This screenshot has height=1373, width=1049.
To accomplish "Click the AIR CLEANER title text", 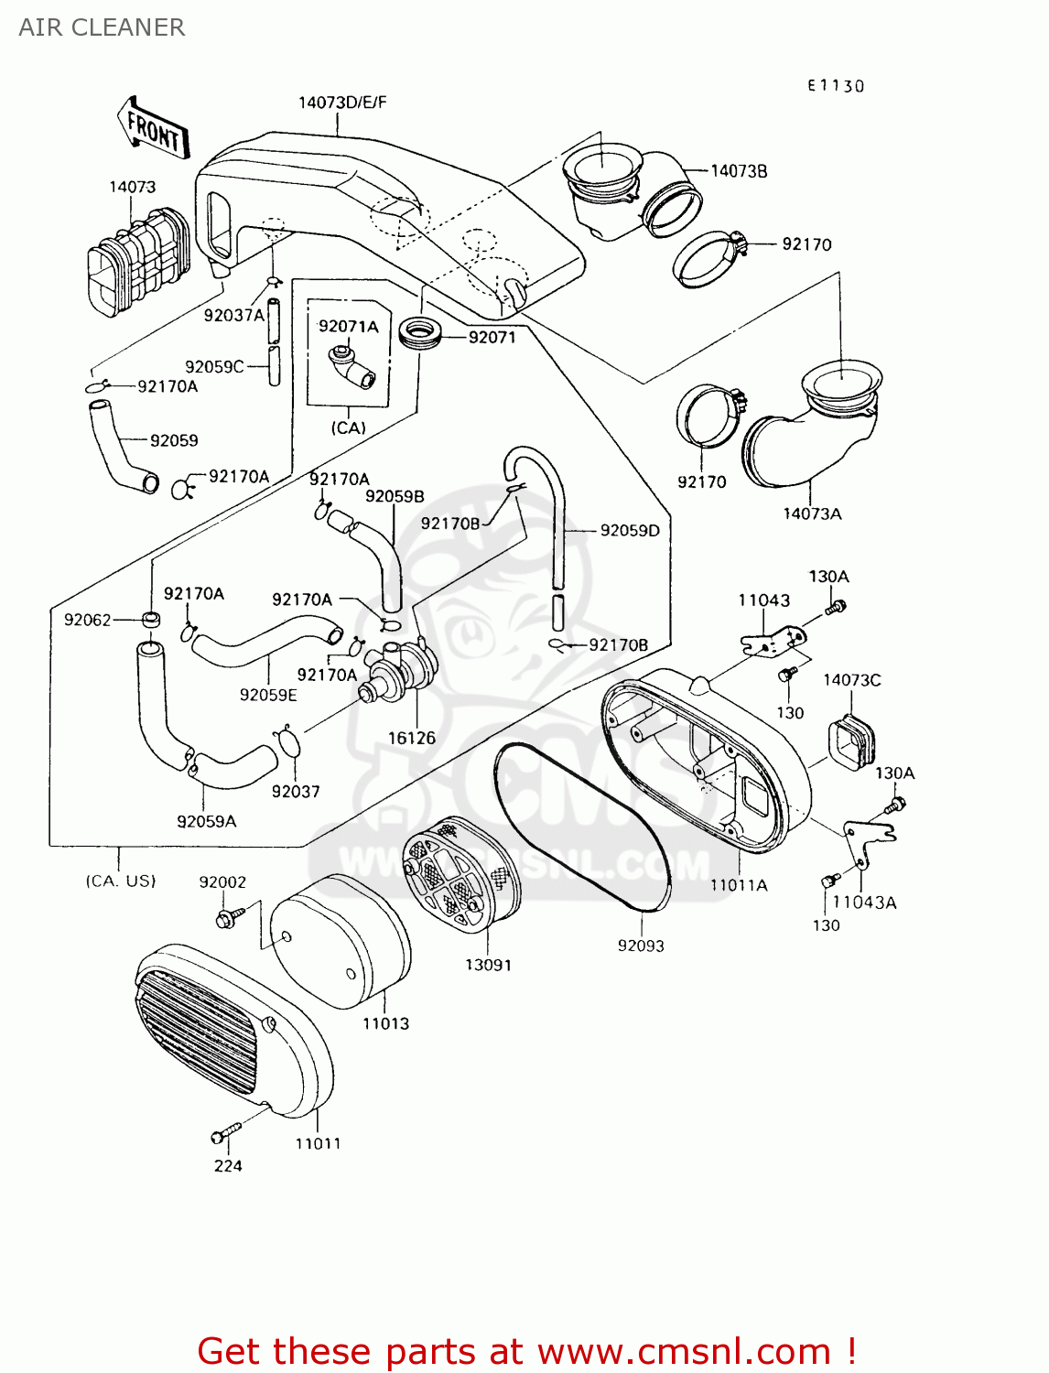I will pyautogui.click(x=102, y=27).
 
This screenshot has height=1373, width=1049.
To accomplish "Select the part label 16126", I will pyautogui.click(x=411, y=738).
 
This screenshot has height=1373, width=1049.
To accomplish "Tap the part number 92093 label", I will pyautogui.click(x=641, y=946).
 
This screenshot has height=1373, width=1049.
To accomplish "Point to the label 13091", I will pyautogui.click(x=488, y=965).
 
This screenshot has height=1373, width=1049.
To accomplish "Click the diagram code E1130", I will pyautogui.click(x=835, y=86).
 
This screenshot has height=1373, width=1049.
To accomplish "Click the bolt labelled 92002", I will pyautogui.click(x=229, y=916).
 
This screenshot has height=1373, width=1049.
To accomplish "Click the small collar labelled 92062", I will pyautogui.click(x=151, y=621).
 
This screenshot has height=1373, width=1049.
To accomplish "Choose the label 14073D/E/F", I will pyautogui.click(x=342, y=103).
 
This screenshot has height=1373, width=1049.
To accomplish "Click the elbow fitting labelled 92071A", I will pyautogui.click(x=351, y=366).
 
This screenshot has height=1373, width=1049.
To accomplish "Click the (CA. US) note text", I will pyautogui.click(x=121, y=881).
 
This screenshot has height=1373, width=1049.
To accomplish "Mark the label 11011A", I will pyautogui.click(x=739, y=885).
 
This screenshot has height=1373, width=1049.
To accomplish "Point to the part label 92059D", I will pyautogui.click(x=630, y=530).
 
